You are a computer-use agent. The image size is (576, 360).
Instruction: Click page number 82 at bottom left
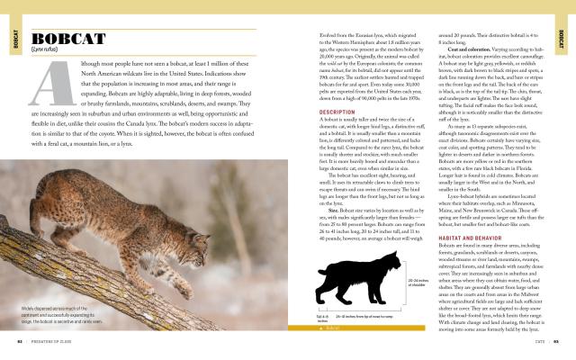tap(20, 342)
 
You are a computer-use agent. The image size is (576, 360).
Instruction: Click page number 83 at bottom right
tap(556, 342)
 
